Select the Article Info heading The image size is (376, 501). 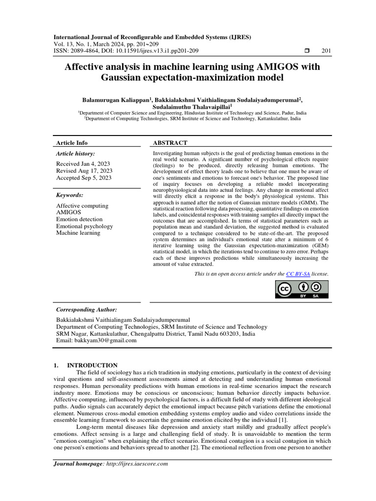click(72, 143)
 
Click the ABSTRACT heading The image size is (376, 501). click(170, 143)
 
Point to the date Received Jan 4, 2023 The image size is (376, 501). click(84, 164)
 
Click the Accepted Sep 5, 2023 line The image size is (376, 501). click(84, 178)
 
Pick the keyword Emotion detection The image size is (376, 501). click(79, 219)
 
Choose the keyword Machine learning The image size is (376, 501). click(78, 233)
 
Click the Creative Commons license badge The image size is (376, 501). click(301, 290)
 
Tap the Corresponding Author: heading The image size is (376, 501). click(87, 310)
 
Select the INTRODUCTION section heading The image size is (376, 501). click(92, 365)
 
